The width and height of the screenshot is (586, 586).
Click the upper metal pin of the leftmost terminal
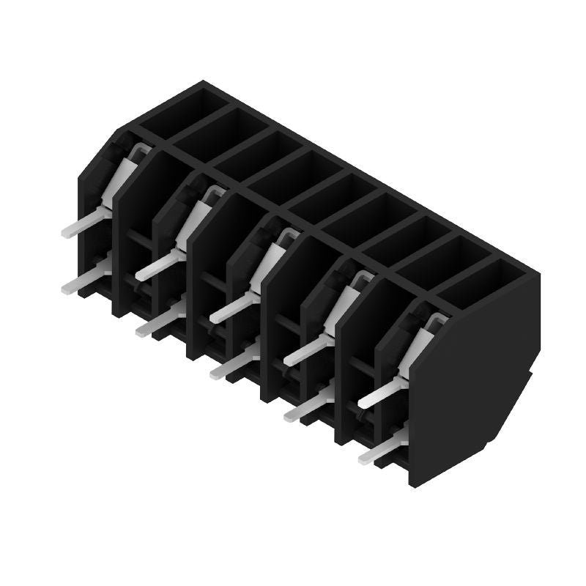(x=82, y=224)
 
